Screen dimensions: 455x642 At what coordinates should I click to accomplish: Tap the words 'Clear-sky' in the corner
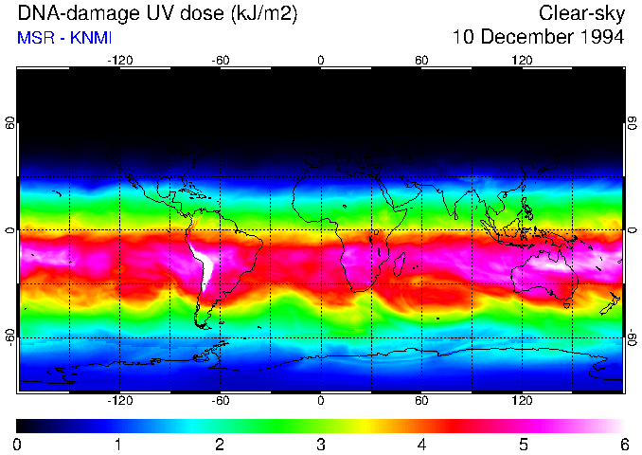(x=581, y=14)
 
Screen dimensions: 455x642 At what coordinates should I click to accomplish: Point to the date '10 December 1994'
(x=538, y=38)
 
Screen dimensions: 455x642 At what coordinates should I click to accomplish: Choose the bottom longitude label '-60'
(x=220, y=401)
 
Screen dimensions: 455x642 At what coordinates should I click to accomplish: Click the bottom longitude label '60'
(x=421, y=401)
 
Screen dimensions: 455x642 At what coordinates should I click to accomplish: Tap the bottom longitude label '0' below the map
(x=321, y=401)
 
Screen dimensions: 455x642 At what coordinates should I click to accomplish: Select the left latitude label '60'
(x=9, y=124)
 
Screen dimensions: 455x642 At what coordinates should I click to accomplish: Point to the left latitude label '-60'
(x=9, y=337)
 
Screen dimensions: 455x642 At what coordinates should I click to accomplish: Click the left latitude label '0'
(x=9, y=230)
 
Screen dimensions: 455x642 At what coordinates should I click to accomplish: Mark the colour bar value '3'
(x=320, y=444)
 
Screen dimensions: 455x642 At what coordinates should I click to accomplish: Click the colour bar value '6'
(x=623, y=444)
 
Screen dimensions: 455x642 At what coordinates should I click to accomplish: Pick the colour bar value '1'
(x=118, y=444)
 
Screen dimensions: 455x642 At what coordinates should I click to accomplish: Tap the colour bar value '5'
(x=523, y=444)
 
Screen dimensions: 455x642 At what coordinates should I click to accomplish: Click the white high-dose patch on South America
(x=203, y=265)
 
